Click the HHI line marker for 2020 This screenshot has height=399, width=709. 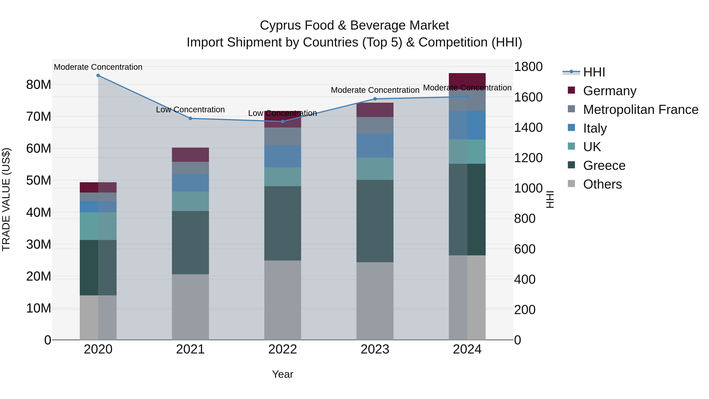click(98, 75)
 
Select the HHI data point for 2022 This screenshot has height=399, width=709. click(283, 121)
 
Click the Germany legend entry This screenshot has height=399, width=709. click(610, 91)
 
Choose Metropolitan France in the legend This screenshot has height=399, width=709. click(640, 110)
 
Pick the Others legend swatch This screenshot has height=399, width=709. click(571, 184)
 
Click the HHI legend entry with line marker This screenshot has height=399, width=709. click(584, 72)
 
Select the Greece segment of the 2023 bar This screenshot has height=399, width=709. click(375, 221)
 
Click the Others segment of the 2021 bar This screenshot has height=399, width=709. click(190, 307)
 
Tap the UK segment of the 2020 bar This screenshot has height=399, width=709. click(98, 226)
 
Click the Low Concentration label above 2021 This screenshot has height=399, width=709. click(190, 110)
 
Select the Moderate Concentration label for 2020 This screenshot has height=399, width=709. click(98, 67)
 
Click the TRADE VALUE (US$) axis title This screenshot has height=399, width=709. click(6, 199)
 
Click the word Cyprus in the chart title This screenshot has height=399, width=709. click(278, 25)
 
